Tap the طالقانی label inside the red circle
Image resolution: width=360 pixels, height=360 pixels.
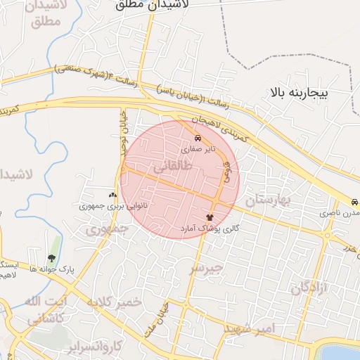coord(167,167)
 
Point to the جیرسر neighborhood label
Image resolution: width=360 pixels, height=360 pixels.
coord(206,267)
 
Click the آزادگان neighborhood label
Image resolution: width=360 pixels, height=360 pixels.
coord(309,287)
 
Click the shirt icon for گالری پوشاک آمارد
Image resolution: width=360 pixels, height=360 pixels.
coord(209,217)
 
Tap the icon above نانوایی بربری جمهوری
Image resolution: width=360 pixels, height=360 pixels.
coord(112,195)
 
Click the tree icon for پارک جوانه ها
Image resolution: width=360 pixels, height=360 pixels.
coord(51,257)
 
